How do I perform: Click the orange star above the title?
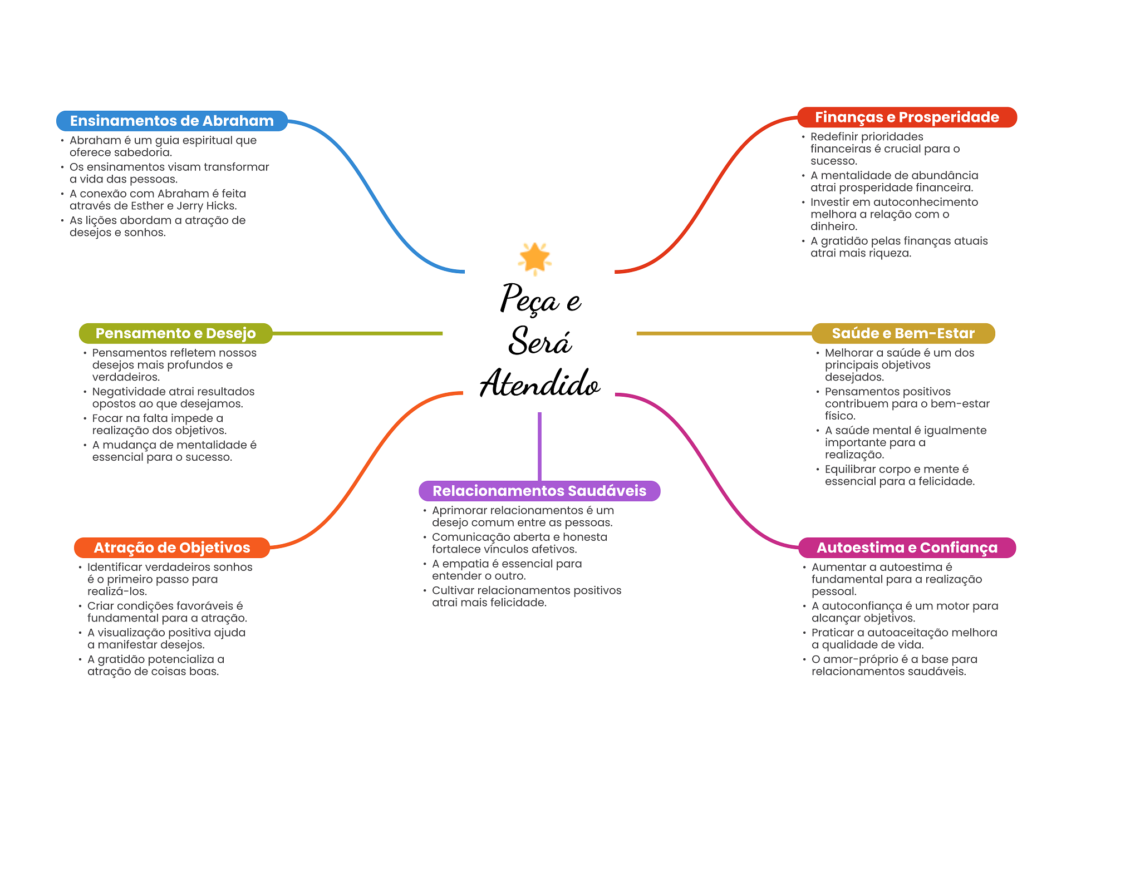pyautogui.click(x=534, y=258)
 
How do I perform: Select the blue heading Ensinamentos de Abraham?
pyautogui.click(x=171, y=121)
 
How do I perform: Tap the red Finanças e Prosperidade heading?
pyautogui.click(x=907, y=117)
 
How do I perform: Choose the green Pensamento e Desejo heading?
pyautogui.click(x=175, y=333)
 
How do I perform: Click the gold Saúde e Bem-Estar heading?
pyautogui.click(x=903, y=333)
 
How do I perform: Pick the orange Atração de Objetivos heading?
pyautogui.click(x=171, y=548)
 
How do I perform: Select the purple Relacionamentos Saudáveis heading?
pyautogui.click(x=539, y=491)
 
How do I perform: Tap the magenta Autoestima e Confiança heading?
pyautogui.click(x=907, y=548)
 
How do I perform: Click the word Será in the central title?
pyautogui.click(x=540, y=341)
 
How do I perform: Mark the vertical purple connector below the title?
pyautogui.click(x=539, y=446)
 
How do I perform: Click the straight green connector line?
pyautogui.click(x=357, y=333)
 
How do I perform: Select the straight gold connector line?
pyautogui.click(x=724, y=333)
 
